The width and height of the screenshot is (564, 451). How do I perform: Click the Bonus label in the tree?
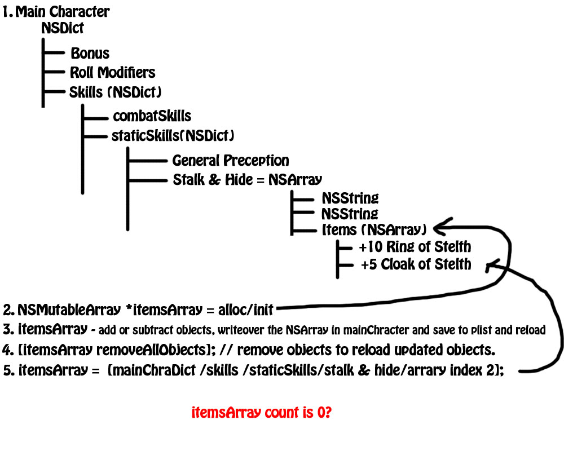(90, 53)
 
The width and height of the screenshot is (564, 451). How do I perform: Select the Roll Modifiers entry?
(113, 72)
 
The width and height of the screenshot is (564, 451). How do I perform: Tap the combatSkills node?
(152, 116)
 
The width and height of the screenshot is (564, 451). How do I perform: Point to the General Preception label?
(231, 161)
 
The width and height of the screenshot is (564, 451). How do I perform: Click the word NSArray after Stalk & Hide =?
(295, 179)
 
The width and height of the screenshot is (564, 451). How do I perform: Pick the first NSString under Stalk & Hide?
(350, 198)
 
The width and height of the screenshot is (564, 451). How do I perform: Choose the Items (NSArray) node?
(374, 229)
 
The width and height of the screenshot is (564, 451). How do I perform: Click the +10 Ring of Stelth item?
(415, 247)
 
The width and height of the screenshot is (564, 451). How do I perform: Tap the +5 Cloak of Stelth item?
(416, 264)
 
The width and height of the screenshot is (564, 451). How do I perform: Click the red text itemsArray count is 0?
(262, 413)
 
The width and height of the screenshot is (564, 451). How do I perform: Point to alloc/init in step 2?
(246, 309)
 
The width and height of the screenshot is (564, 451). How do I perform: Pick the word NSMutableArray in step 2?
(69, 309)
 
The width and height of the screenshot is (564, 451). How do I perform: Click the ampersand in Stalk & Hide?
(214, 179)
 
